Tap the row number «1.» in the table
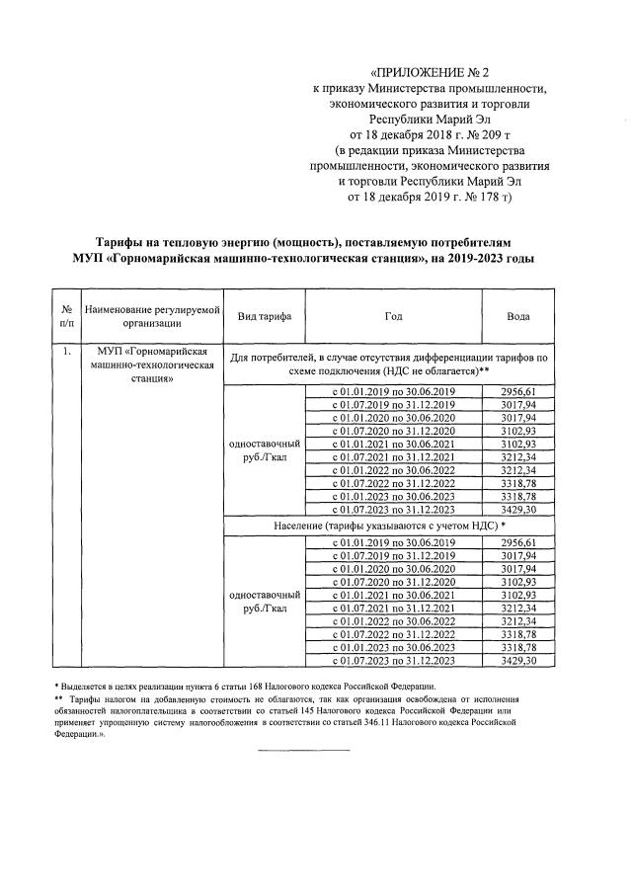66,351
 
